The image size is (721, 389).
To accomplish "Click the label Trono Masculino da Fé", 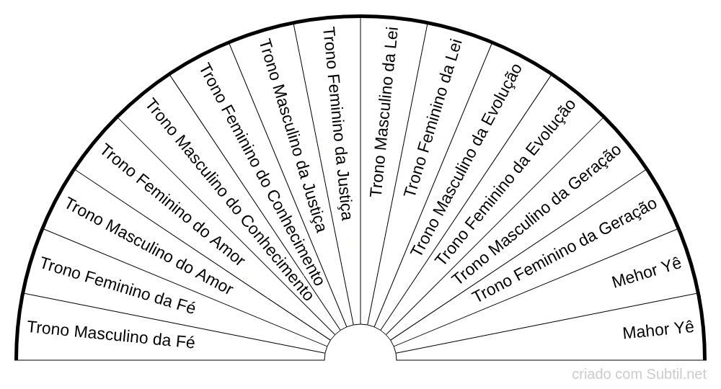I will click(x=111, y=334).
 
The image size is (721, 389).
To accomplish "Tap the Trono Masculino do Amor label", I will click(x=149, y=246).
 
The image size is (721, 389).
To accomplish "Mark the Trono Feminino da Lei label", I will click(x=432, y=116).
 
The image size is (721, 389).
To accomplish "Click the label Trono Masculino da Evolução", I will click(x=466, y=159).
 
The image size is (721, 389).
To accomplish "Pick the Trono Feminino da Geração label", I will click(x=564, y=250).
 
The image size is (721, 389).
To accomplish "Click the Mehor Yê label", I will click(x=646, y=274).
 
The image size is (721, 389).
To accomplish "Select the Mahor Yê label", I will click(x=658, y=331).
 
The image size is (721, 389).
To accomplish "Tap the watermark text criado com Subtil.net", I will click(x=640, y=375).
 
